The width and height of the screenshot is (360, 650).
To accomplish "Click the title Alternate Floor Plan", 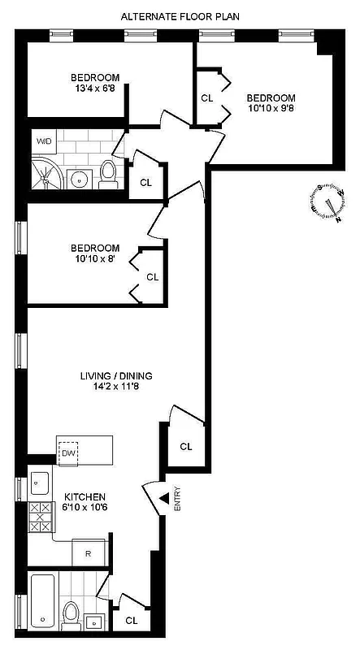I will pos(180,16).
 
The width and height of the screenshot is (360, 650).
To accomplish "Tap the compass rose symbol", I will pos(327,201).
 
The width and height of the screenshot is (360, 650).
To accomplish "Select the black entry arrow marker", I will pos(163,498).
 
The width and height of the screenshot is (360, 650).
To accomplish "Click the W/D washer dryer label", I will pos(42,141).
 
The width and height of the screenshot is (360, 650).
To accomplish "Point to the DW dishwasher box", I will pos(69,453).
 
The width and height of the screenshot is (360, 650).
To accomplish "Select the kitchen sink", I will pos(39,485).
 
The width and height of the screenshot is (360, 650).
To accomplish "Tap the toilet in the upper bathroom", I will pos(108,173).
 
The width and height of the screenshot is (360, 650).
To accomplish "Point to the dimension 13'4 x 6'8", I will pos(98,90).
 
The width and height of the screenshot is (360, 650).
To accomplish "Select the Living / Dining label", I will pos(116,376).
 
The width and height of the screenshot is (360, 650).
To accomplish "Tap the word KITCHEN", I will pos(85,496).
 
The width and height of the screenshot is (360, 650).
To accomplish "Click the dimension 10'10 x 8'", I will pos(95,259).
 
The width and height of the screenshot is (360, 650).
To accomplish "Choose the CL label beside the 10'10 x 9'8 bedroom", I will pos(207,98).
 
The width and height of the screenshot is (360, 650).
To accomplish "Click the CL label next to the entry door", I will pos(186,446).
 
